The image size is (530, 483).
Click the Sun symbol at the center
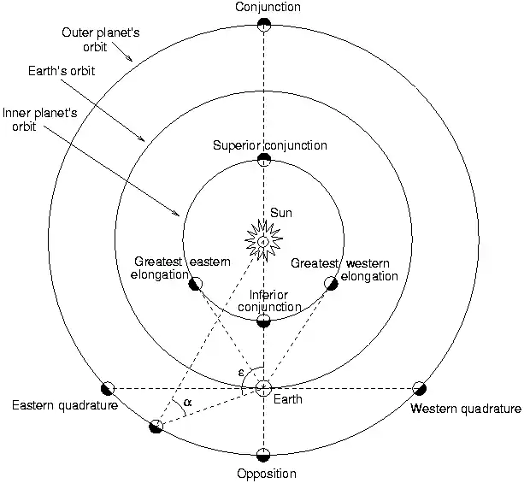[x=263, y=241]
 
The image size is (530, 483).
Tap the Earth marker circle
[x=263, y=388]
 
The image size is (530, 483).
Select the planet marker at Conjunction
[x=264, y=24]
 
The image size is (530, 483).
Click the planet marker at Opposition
[x=263, y=455]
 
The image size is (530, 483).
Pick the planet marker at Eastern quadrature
[x=108, y=388]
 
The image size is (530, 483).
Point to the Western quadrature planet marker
[x=420, y=388]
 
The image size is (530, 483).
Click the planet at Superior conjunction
[x=264, y=160]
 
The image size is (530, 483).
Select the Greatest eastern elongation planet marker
[x=196, y=284]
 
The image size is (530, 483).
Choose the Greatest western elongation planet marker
[x=332, y=283]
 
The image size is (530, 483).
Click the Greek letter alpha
[x=187, y=403]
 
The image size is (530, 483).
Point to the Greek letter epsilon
[x=241, y=373]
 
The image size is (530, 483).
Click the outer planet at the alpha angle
[x=156, y=427]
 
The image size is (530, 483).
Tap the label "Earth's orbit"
[x=62, y=71]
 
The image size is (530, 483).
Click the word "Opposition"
[x=267, y=474]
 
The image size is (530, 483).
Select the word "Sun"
[x=281, y=213]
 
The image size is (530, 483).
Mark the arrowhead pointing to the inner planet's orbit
[x=177, y=213]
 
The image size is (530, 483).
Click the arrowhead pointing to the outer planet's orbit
[x=130, y=59]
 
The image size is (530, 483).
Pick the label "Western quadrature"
[x=466, y=409]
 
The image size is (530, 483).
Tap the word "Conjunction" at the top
[x=268, y=7]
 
